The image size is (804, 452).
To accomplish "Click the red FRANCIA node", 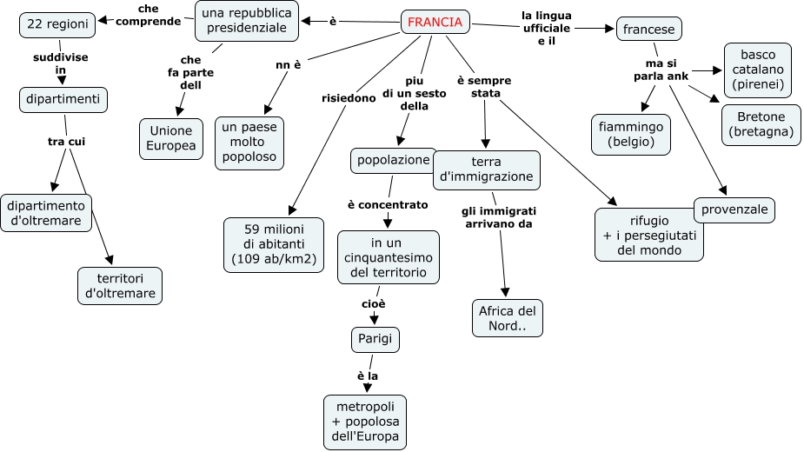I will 435,23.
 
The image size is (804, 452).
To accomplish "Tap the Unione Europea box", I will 171,138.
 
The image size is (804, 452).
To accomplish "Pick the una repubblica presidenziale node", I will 247,20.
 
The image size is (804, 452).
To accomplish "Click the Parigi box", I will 375,339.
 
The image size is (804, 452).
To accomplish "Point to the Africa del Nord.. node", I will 508,318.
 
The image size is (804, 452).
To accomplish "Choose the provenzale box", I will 734,209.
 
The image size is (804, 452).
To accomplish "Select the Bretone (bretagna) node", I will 761,124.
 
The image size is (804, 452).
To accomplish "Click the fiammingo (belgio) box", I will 631,134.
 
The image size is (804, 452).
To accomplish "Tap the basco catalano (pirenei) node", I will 758,69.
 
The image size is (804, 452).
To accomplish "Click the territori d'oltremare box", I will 120,285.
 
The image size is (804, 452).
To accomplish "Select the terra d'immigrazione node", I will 487,169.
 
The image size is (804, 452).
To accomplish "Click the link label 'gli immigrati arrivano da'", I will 498,217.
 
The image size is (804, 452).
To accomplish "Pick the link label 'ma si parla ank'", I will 667,70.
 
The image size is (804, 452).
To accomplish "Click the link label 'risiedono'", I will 349,98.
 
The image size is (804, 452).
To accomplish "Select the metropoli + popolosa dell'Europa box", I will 365,422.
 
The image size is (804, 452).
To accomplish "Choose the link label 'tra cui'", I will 66,141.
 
